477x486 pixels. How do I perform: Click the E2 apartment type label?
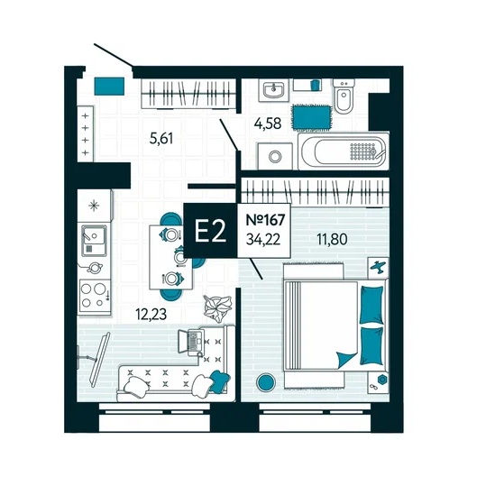(x=210, y=231)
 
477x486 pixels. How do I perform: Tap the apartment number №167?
(x=265, y=220)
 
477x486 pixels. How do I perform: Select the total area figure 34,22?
(x=263, y=239)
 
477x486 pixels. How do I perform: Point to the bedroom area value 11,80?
(x=332, y=239)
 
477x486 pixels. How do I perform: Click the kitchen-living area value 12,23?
(x=151, y=314)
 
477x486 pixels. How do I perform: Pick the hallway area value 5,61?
(x=161, y=138)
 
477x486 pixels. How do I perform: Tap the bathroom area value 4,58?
(x=268, y=124)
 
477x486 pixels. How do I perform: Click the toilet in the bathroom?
(x=344, y=96)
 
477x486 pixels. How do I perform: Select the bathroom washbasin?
(x=274, y=89)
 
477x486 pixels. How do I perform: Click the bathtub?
(x=344, y=151)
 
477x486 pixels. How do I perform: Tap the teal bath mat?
(x=311, y=117)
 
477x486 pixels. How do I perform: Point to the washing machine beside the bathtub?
(x=275, y=156)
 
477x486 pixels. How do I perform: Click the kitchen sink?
(x=94, y=241)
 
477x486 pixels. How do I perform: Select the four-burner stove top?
(x=95, y=297)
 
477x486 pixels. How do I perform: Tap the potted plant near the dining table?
(x=218, y=307)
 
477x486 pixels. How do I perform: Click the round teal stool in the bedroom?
(x=266, y=382)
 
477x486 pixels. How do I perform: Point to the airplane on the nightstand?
(x=379, y=267)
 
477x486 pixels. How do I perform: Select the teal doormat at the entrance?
(x=109, y=87)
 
